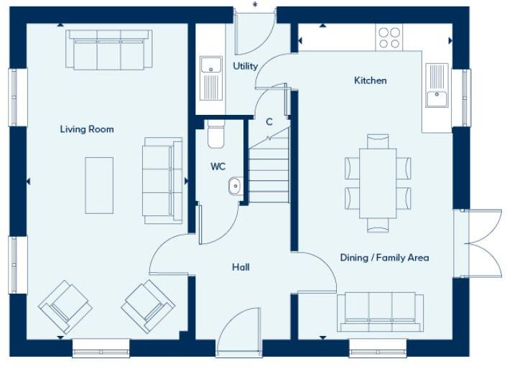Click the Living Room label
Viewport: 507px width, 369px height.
click(86, 129)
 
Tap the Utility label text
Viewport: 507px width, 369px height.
click(245, 66)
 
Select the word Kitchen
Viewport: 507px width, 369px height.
click(371, 80)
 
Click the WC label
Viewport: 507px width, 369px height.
click(218, 167)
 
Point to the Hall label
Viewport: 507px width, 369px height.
click(241, 267)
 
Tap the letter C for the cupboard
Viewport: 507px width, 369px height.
click(269, 122)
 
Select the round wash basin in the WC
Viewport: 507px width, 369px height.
click(235, 187)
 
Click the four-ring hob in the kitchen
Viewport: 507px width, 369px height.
click(389, 37)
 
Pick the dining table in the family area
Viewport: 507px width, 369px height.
click(378, 183)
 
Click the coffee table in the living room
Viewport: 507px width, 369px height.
click(99, 185)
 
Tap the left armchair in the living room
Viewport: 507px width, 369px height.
click(65, 306)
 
